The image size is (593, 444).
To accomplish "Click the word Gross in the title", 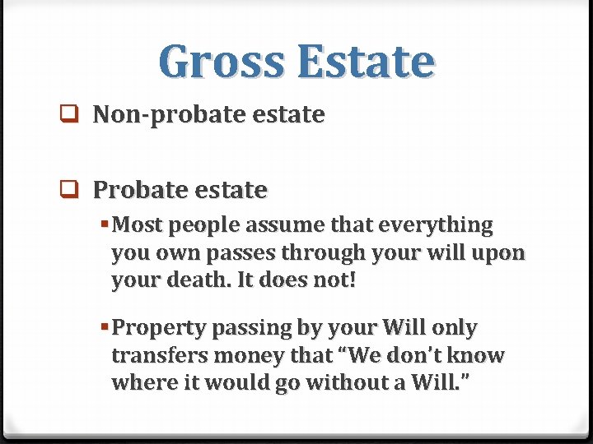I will click(x=221, y=61).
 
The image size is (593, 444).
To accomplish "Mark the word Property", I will click(x=159, y=328).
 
